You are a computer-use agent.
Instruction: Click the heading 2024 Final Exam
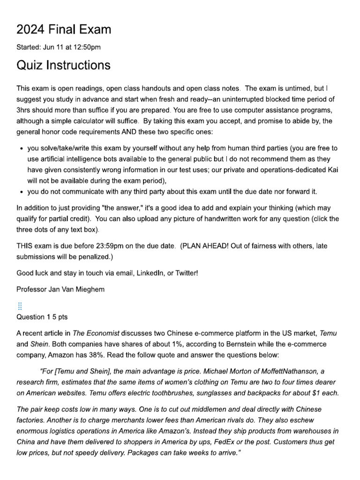[64, 30]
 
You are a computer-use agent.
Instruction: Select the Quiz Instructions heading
[64, 65]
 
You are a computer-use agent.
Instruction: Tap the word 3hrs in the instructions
[24, 111]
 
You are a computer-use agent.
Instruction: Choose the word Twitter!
[184, 273]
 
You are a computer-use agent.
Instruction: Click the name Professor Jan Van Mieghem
[60, 289]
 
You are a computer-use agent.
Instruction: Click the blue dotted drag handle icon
[20, 306]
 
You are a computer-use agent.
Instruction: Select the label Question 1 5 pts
[42, 317]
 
